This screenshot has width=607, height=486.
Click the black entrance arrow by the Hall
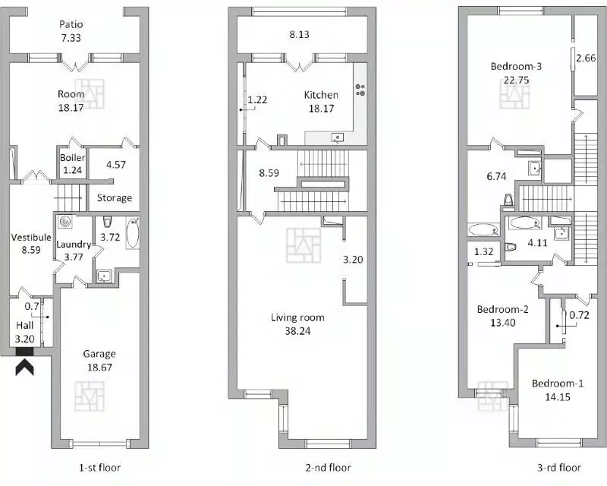pos(24,367)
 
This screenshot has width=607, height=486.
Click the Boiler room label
pos(73,158)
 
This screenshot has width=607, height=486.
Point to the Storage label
pos(115,197)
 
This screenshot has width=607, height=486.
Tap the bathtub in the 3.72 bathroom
pos(133,234)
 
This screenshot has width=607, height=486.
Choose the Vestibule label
pos(30,237)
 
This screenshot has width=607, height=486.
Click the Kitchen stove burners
pos(360,89)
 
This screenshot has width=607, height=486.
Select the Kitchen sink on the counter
pos(338,137)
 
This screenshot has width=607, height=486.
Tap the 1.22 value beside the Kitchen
pos(257,99)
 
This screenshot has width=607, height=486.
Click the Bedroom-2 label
pos(502,310)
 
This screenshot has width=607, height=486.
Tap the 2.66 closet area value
pos(586,58)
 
